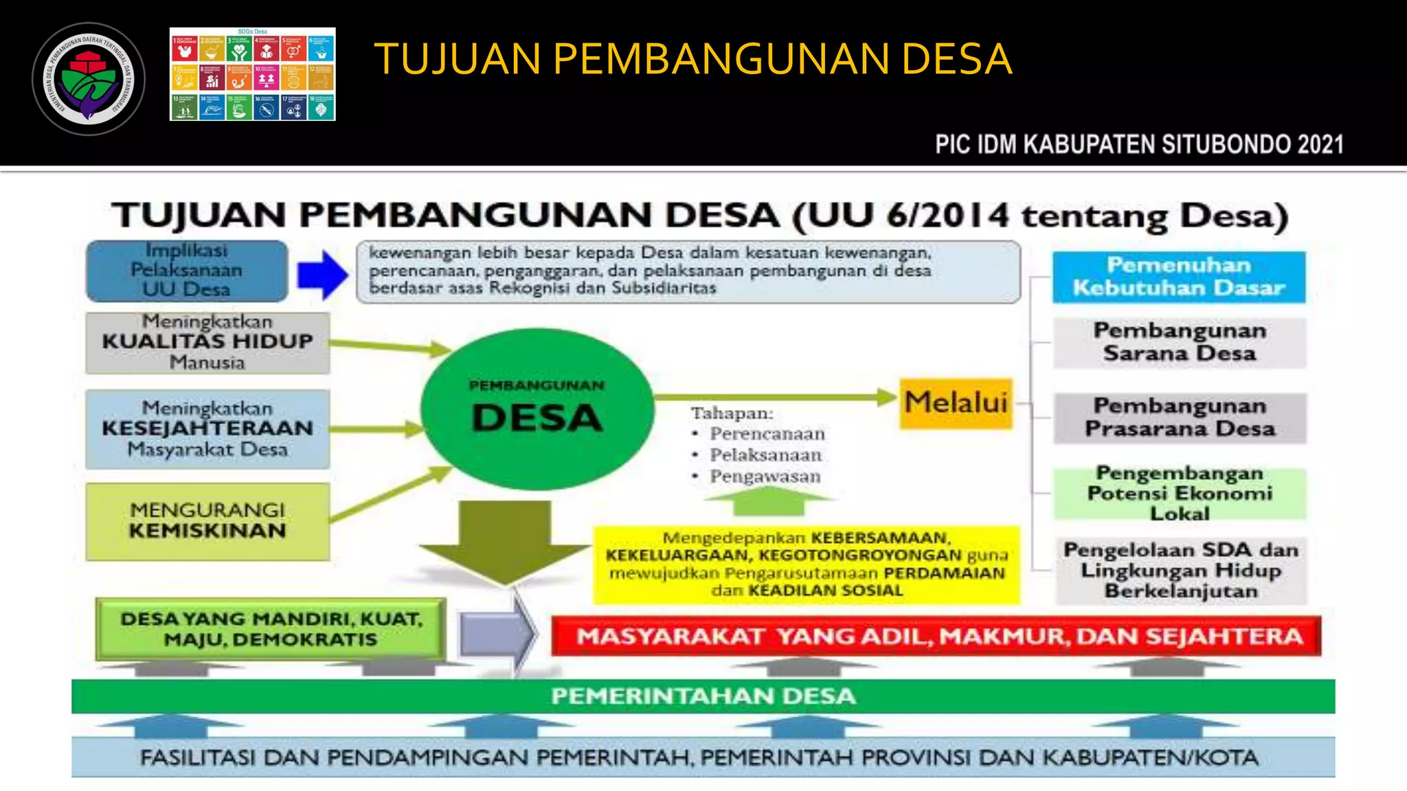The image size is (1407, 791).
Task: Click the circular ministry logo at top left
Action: point(89,79)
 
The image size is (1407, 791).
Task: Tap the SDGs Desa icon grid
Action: point(252,75)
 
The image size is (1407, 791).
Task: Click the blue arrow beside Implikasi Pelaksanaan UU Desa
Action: point(322,275)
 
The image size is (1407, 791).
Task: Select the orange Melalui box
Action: point(956,403)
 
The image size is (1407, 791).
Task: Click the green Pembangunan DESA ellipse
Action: point(537,410)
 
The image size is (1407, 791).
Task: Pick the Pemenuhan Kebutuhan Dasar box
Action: point(1178,277)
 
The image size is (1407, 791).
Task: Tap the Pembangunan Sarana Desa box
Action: point(1179,342)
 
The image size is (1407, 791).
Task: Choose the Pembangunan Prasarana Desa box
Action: point(1179,417)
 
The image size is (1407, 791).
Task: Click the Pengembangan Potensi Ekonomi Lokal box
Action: point(1179,493)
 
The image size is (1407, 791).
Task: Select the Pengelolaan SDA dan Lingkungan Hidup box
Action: point(1180,570)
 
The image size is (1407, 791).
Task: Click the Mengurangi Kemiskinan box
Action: point(207,520)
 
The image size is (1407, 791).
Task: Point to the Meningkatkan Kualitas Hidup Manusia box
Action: point(207,342)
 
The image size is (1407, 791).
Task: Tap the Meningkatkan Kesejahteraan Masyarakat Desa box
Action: point(207,428)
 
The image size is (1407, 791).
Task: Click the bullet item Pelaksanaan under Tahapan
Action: point(765,455)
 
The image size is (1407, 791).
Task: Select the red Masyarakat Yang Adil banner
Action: point(936,636)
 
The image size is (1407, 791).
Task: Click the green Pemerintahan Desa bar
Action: point(703,696)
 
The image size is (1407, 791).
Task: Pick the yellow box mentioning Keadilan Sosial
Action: point(806,564)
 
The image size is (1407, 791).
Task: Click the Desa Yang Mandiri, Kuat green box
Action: point(271,629)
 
